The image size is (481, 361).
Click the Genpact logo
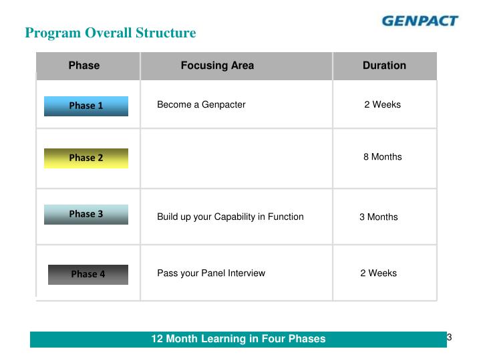(420, 20)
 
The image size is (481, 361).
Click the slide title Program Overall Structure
(110, 33)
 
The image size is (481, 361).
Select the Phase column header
(84, 66)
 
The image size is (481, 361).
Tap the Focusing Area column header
(217, 66)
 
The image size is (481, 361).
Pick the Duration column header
(384, 66)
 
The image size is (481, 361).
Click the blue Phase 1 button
(86, 106)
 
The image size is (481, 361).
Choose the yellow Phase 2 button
(86, 158)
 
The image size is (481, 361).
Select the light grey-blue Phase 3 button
(86, 215)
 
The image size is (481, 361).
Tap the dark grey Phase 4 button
(88, 274)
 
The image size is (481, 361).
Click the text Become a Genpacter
(201, 104)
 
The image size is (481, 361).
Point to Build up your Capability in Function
(230, 217)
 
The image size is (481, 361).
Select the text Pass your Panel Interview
(211, 273)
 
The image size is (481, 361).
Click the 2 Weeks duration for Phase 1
(382, 104)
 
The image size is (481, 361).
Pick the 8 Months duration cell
(383, 156)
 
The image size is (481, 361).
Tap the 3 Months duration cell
(379, 217)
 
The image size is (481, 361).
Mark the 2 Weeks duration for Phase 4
(378, 273)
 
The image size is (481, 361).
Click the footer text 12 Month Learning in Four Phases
(238, 339)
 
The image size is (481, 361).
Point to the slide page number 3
(450, 337)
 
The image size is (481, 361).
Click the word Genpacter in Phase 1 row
(225, 104)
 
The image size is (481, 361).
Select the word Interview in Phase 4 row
(246, 273)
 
